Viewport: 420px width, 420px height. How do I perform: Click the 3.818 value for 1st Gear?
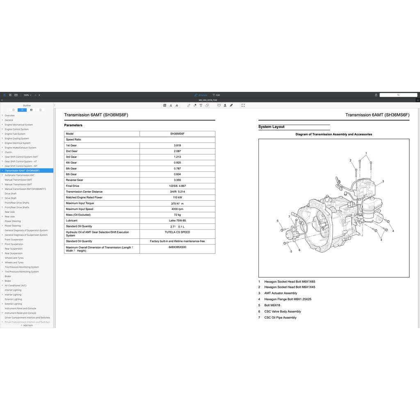coord(177,145)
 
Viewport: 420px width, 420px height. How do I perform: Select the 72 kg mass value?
coord(177,215)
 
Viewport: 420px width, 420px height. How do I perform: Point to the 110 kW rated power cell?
coord(177,197)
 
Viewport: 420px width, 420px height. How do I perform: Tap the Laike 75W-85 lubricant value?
coord(177,220)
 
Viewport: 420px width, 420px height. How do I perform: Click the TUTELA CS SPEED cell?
coord(177,232)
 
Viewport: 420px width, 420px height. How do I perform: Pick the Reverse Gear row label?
coord(75,180)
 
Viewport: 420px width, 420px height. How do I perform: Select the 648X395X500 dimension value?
coord(177,247)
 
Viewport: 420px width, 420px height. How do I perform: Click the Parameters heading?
coord(73,125)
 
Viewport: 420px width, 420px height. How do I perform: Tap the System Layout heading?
coord(272,127)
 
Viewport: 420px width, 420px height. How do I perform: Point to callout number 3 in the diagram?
coord(383,181)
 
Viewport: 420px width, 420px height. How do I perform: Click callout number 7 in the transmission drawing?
coord(289,217)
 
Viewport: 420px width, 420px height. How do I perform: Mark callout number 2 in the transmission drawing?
coord(350,160)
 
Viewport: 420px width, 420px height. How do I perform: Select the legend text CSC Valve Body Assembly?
coord(283,311)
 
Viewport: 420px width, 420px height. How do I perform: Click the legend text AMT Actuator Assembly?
coord(281,293)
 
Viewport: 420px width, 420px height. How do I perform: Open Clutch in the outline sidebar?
coord(8,152)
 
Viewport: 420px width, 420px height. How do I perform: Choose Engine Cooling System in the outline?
coord(17,139)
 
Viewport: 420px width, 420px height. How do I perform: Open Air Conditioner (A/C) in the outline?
coord(16,285)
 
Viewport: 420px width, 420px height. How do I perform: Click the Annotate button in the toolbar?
coord(201,95)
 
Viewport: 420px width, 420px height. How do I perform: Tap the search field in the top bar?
coord(398,95)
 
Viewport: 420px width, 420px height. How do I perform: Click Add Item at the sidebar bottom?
coord(27,325)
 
